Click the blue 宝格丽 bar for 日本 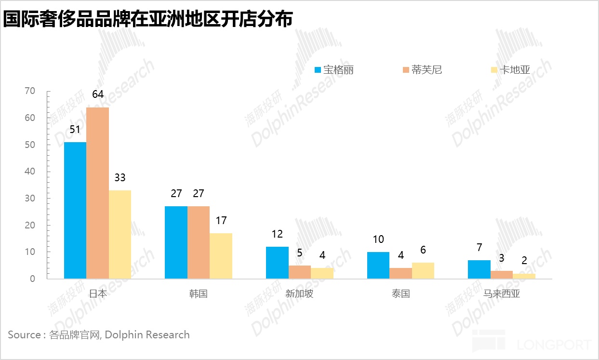point(75,210)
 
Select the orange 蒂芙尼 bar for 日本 point(97,193)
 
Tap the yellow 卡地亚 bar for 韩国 point(221,256)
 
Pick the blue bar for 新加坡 point(277,263)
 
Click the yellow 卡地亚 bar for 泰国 point(423,271)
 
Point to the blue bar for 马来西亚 point(479,269)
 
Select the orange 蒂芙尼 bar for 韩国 point(199,242)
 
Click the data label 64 point(98,94)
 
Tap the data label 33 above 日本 point(120,177)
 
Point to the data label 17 point(221,221)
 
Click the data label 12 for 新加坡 point(277,234)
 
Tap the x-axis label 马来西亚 point(502,293)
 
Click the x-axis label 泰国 point(400,293)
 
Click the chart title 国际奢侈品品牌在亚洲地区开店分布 point(148,20)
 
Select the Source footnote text point(99,335)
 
